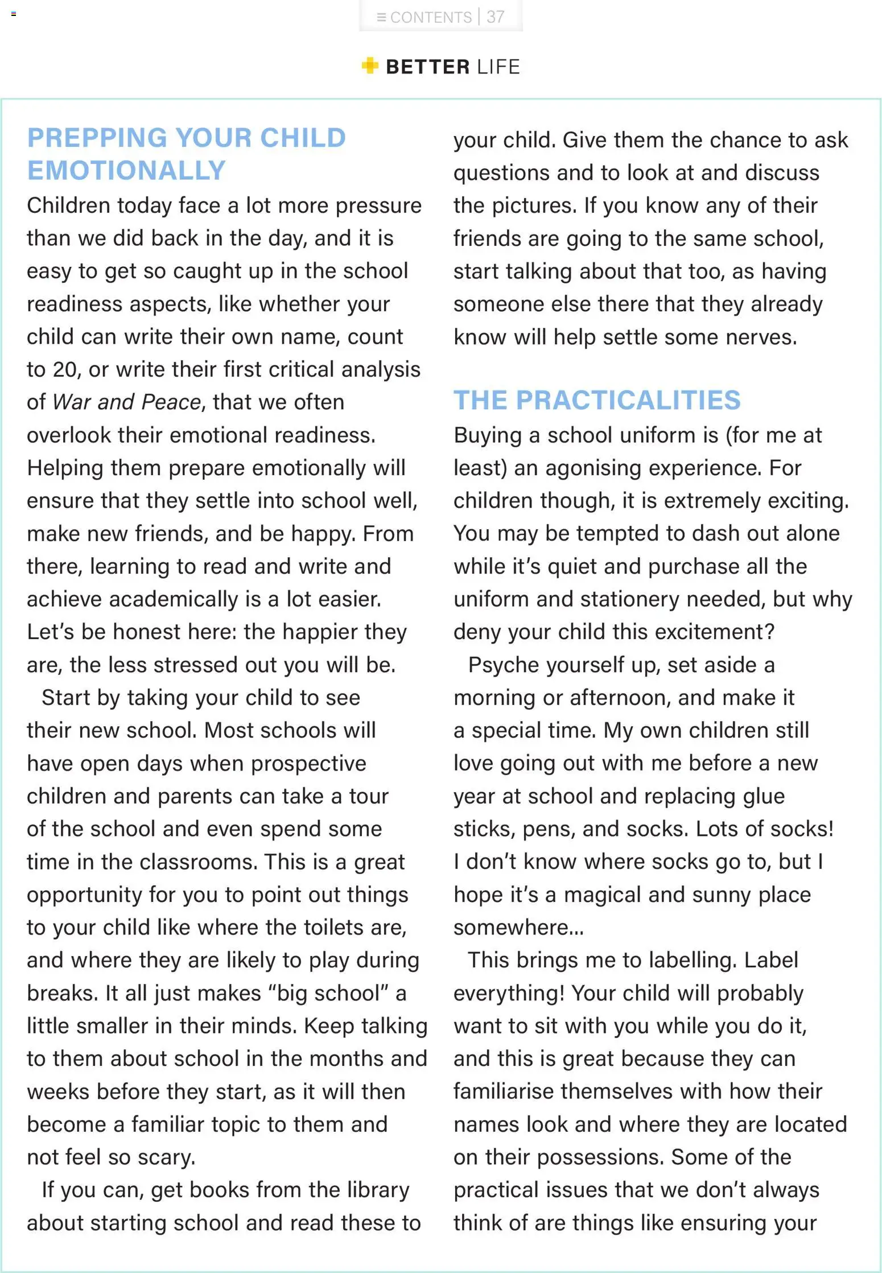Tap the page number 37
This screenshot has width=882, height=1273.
pos(496,17)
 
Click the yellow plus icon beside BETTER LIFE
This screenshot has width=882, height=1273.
pos(370,66)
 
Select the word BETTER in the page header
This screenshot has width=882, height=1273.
pos(428,67)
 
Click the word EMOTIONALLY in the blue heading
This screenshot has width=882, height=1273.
pos(126,171)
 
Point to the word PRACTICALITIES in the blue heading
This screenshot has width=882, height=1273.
pos(628,400)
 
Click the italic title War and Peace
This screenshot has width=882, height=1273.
pos(127,402)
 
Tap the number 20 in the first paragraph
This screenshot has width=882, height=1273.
pos(64,370)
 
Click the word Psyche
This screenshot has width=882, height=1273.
pos(499,665)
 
